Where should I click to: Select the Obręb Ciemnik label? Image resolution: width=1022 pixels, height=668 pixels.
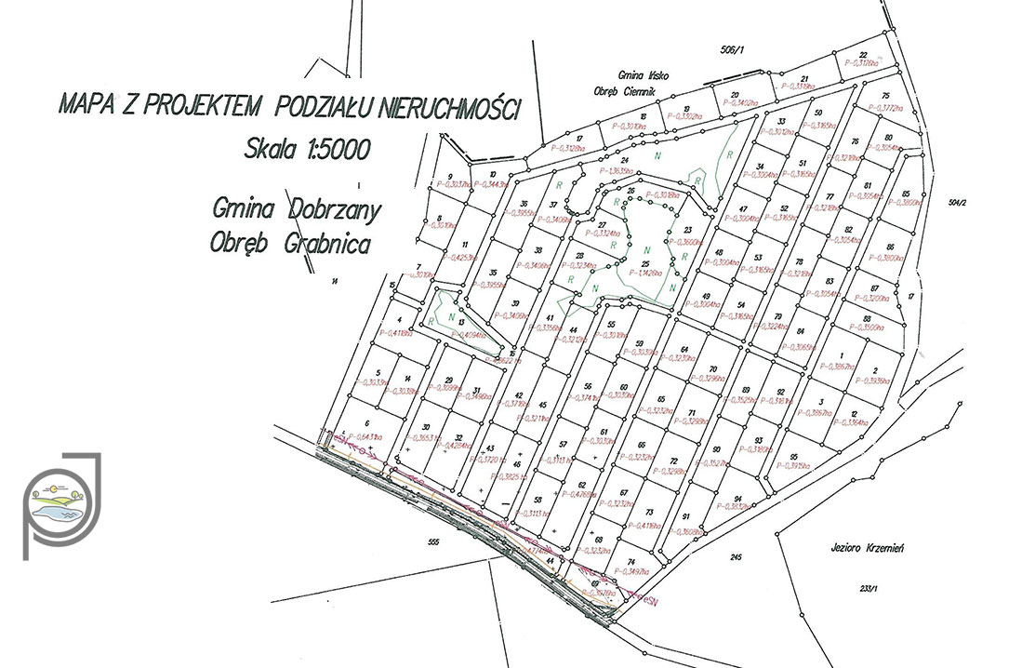coord(625,89)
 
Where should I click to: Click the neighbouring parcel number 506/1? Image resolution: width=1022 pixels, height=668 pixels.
coord(734,50)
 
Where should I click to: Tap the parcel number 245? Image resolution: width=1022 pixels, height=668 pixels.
coord(737,557)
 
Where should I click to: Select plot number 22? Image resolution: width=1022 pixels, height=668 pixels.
coord(862,55)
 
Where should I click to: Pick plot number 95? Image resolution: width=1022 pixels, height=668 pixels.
coord(793,457)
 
